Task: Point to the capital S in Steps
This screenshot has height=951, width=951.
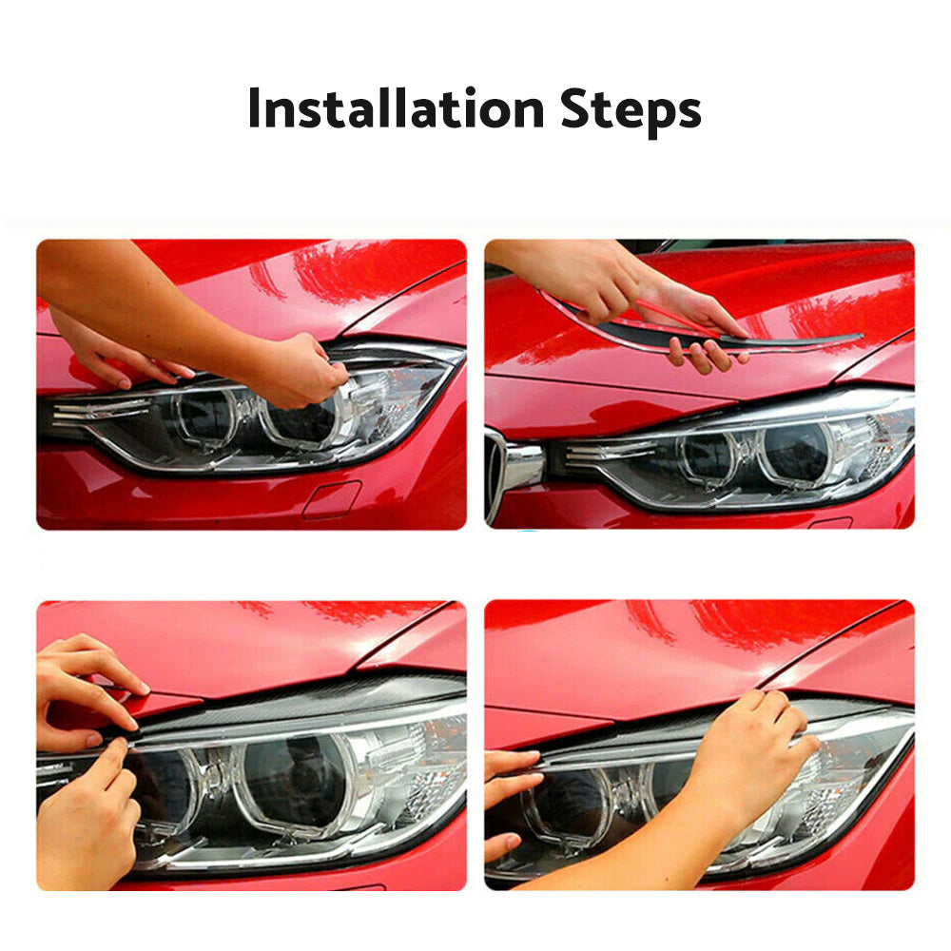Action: pos(575,109)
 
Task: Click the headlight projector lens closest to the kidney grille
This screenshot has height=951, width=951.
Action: pos(708,456)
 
